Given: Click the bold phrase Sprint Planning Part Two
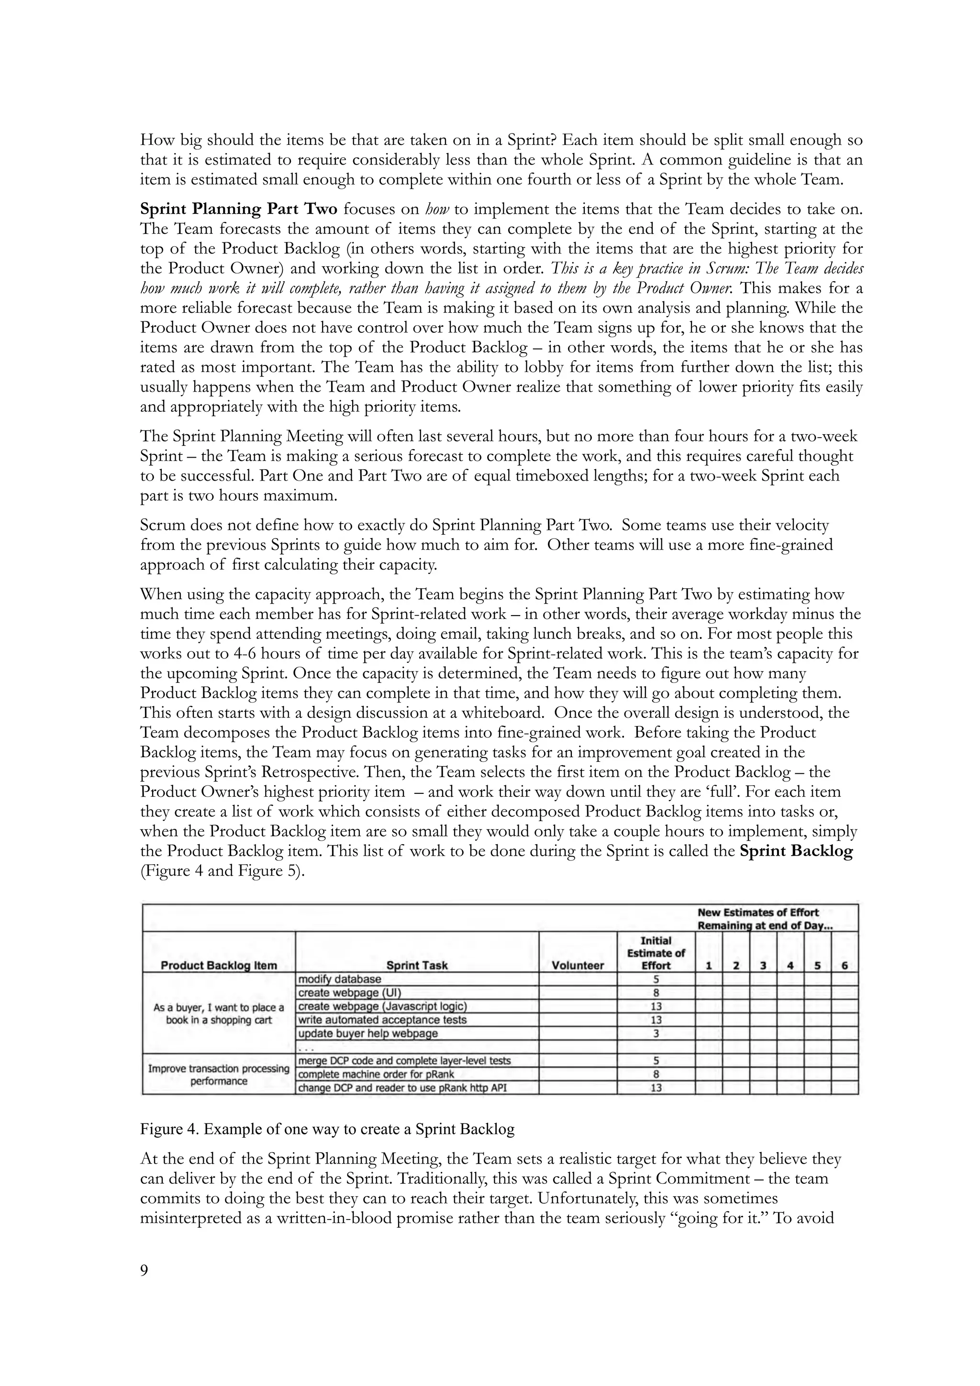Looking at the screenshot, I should [x=238, y=209].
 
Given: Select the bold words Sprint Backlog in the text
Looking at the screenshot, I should [x=795, y=852].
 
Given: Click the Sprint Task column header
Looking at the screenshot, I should [x=417, y=965].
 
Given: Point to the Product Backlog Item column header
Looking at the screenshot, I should [x=219, y=965].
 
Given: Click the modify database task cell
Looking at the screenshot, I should [x=340, y=979].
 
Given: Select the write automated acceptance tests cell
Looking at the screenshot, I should [x=382, y=1020].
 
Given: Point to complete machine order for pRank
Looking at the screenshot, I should [x=376, y=1074].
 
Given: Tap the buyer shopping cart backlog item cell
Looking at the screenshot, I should [x=219, y=1013].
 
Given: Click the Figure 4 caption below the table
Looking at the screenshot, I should [x=327, y=1129].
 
